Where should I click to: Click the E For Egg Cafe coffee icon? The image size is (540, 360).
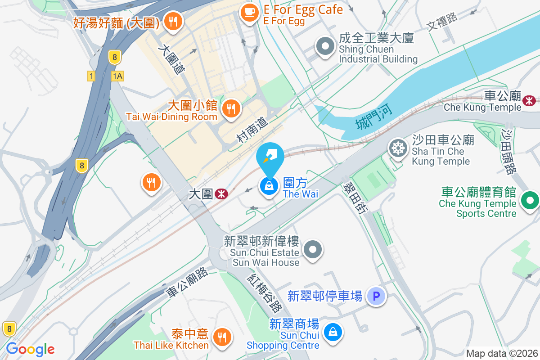tap(249, 11)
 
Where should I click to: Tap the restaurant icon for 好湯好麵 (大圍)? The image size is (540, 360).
tap(172, 21)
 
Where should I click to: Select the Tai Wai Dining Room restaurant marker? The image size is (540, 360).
tap(231, 108)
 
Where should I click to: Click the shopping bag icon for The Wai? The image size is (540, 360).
tap(269, 186)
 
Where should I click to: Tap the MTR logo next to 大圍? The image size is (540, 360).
tap(221, 194)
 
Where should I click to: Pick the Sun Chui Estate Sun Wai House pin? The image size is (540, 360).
tap(312, 249)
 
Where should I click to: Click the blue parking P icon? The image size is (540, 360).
tap(376, 296)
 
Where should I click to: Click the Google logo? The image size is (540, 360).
tap(30, 349)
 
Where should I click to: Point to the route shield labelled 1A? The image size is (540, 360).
tap(117, 76)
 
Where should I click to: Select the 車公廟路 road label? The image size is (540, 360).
tap(187, 282)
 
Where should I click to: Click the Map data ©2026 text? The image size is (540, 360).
tap(501, 354)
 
